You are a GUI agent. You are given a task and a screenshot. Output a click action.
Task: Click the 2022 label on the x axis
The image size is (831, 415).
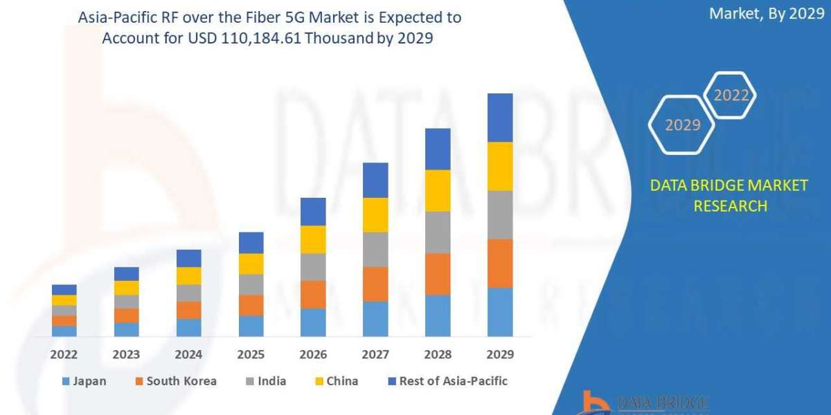click(64, 355)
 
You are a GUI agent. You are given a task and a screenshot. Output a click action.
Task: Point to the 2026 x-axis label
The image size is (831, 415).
click(313, 355)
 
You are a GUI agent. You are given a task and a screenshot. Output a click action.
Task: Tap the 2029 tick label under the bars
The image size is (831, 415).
click(500, 355)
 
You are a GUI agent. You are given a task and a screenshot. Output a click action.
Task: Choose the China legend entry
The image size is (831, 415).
click(337, 381)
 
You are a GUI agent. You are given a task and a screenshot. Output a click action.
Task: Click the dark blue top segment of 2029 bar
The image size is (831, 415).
click(500, 118)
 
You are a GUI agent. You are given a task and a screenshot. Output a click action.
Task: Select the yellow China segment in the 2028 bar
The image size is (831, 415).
click(438, 190)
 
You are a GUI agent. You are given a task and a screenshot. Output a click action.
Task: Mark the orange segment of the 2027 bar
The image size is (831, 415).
click(375, 284)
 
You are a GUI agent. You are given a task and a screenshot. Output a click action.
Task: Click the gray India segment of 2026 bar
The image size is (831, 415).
click(313, 267)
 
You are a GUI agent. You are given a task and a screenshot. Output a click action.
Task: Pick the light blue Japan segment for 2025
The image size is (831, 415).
click(251, 326)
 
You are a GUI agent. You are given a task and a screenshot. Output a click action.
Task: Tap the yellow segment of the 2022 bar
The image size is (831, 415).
click(64, 300)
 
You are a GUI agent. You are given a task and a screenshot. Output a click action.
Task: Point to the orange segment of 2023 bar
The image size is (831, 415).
click(126, 315)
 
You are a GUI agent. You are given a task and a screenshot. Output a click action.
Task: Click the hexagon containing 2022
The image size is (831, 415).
click(731, 95)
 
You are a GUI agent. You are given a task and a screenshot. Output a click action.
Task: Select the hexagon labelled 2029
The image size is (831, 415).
click(681, 125)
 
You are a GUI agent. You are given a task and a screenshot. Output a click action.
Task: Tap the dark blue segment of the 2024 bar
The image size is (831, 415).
click(188, 258)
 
